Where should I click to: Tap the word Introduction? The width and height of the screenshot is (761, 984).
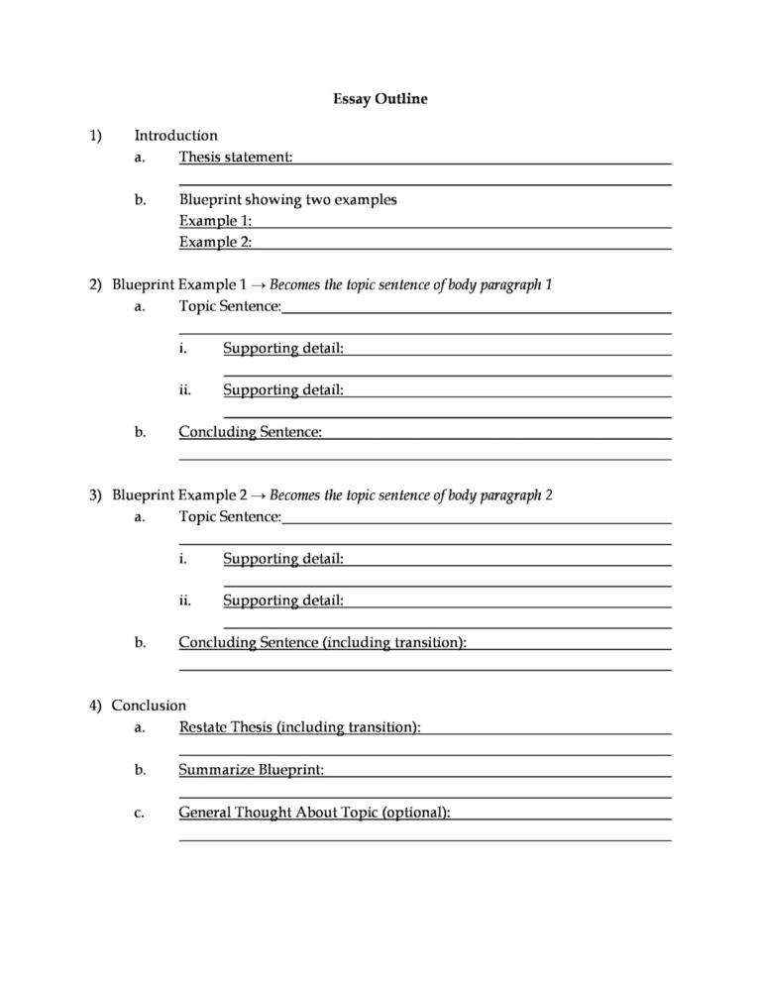pos(175,136)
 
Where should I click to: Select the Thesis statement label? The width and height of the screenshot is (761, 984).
pos(236,157)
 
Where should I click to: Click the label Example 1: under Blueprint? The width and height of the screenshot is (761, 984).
pos(215,220)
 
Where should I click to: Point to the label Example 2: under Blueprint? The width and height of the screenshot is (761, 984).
pos(215,241)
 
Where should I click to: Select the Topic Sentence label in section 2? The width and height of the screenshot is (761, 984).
pos(230,306)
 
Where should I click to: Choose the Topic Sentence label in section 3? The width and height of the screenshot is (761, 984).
pos(230,516)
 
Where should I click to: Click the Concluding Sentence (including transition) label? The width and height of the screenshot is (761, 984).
pos(322,642)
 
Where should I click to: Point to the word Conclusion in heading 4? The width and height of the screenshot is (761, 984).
pos(149,706)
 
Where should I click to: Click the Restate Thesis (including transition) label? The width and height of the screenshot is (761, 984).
pos(299,727)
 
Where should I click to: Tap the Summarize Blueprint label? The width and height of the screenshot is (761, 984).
pos(251,769)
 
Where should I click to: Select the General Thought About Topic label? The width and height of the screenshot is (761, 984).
pos(314,813)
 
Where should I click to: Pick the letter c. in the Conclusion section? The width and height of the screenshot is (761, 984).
pos(140,814)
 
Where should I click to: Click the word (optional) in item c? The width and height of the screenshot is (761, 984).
pos(416,813)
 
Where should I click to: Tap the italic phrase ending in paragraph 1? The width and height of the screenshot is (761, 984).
pos(410,285)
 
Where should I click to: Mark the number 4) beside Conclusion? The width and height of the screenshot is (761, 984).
pos(94,706)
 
